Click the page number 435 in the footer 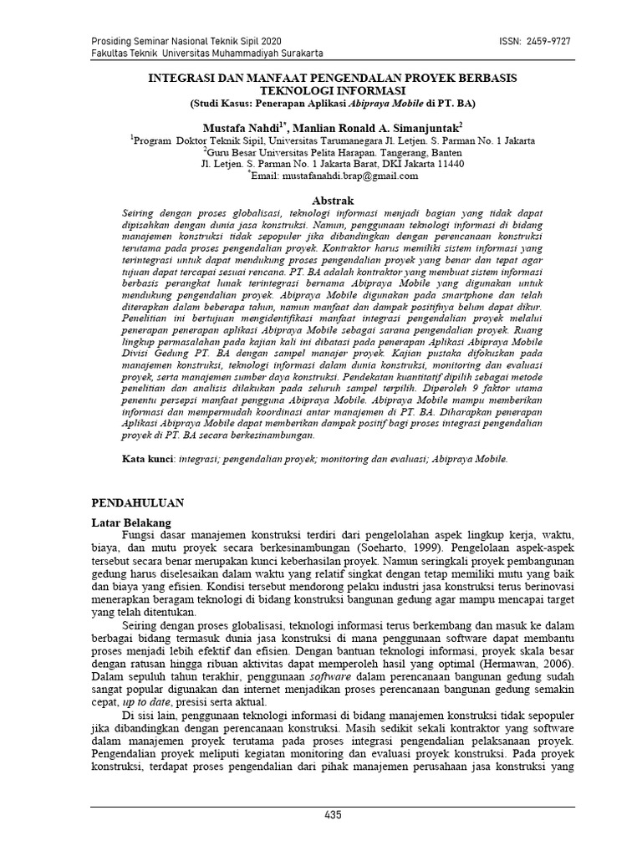point(332,817)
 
